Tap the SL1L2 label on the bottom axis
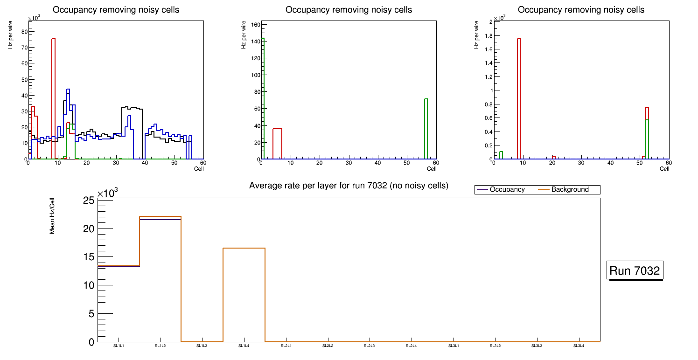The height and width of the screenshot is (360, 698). tap(160, 346)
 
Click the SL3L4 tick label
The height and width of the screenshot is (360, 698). tap(579, 346)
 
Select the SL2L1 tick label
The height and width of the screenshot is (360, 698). tap(286, 346)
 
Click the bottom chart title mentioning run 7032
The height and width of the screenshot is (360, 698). tap(349, 186)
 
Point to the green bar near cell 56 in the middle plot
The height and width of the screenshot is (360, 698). tap(426, 128)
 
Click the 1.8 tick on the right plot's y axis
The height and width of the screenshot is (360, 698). tap(491, 35)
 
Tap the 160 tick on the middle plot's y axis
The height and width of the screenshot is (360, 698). tap(256, 24)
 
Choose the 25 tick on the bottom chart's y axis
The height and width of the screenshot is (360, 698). tap(89, 201)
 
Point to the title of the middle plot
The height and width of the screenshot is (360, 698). tap(349, 10)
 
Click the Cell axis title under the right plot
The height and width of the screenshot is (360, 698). tap(664, 169)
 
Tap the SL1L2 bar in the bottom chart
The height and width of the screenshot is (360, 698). tap(160, 280)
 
